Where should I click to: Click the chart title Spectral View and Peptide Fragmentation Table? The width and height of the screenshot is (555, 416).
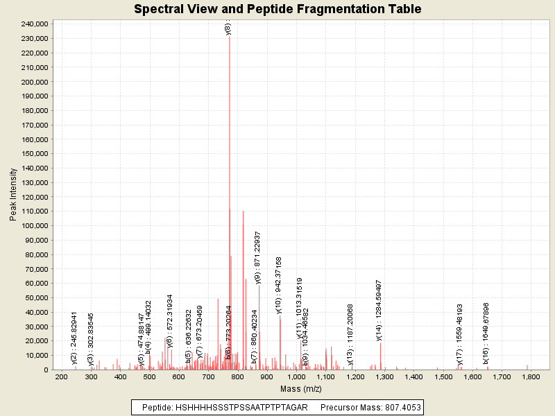[277, 9]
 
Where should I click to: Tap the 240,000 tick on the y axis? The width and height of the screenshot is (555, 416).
[33, 24]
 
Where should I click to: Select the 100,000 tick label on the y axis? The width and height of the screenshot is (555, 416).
[33, 226]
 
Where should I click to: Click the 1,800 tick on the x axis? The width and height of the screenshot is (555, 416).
[531, 376]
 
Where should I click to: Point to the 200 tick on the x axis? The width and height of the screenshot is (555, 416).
[61, 376]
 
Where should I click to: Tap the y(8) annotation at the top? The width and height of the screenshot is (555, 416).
[228, 28]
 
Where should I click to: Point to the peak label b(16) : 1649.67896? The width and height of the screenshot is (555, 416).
[486, 333]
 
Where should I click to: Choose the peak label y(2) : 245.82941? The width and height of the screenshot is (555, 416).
[74, 338]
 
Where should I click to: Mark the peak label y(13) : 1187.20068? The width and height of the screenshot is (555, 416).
[350, 334]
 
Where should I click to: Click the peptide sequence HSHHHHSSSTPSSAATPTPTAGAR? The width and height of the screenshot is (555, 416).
[237, 407]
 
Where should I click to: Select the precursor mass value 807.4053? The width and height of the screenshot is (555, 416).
[398, 407]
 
